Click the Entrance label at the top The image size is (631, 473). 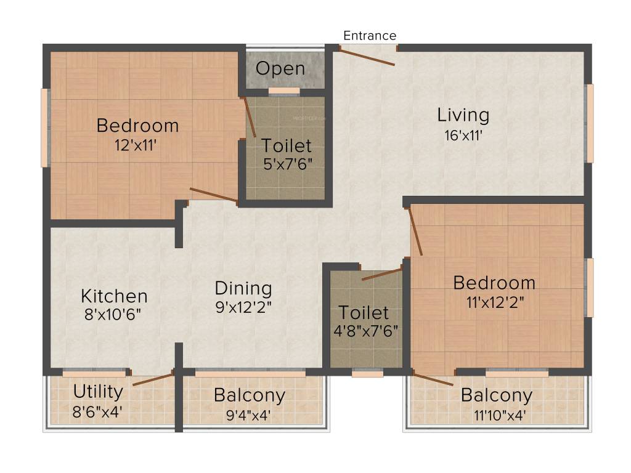click(x=370, y=36)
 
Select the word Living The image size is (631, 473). click(x=463, y=115)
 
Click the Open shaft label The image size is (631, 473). click(x=280, y=68)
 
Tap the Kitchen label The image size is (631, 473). click(x=114, y=296)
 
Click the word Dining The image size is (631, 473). click(x=243, y=288)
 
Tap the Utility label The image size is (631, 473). click(x=98, y=391)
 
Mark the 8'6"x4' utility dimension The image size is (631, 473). click(x=98, y=411)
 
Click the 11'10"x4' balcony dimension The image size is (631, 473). click(x=493, y=414)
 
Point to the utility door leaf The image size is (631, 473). click(x=153, y=379)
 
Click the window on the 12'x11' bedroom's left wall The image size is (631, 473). click(x=44, y=127)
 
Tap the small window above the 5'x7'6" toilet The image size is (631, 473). click(x=284, y=91)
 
